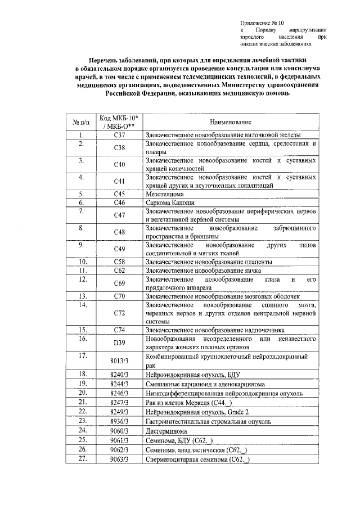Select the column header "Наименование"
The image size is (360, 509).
[x=231, y=122]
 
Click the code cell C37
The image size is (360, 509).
[x=119, y=136]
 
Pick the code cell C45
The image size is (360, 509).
[x=119, y=193]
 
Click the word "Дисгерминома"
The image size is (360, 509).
[x=166, y=430]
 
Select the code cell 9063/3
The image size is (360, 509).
[x=119, y=459]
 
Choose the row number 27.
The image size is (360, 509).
[x=82, y=459]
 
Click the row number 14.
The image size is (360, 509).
[x=82, y=305]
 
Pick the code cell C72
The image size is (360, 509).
[x=119, y=313]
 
